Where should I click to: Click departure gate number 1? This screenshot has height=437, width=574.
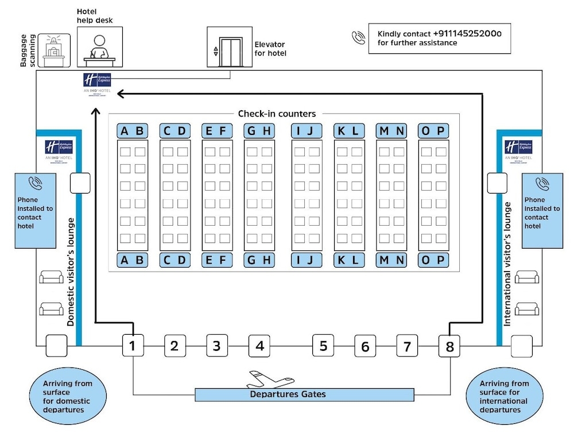coord(133,346)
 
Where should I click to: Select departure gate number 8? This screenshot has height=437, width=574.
coord(449,346)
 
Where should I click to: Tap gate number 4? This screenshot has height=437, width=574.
coord(259,346)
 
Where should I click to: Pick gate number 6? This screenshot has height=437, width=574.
coord(365,346)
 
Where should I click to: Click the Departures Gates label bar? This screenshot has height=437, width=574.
coord(304,395)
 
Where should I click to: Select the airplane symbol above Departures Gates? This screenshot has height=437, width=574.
coord(269,380)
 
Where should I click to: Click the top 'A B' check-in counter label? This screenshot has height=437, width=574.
coord(132,131)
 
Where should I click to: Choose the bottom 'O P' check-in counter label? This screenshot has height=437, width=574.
coord(433,260)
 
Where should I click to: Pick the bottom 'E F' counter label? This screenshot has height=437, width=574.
coord(217,260)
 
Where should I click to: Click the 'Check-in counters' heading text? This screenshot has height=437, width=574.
coord(277,114)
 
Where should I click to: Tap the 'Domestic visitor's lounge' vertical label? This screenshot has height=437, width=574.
coord(71,272)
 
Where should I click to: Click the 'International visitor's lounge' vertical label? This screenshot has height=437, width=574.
coord(507,265)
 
